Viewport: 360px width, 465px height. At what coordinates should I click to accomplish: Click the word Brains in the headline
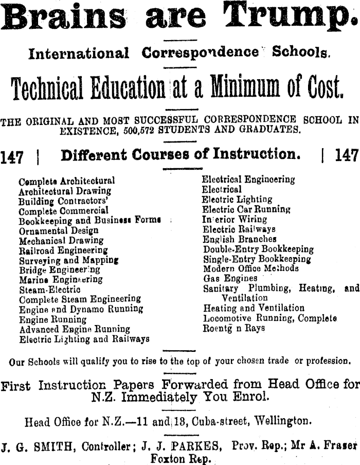pos(64,16)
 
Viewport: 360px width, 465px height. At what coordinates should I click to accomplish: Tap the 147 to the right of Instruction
pos(347,156)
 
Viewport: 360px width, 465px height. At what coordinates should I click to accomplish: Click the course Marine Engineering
pos(61,279)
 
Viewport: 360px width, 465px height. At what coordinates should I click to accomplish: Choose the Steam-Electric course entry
pos(49,289)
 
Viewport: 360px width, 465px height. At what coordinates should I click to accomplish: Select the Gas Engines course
pos(230,278)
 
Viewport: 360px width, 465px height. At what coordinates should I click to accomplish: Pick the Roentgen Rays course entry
pos(234,328)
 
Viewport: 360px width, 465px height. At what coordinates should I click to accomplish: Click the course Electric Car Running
pos(246,209)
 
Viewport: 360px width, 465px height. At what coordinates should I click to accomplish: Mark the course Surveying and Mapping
pos(69,260)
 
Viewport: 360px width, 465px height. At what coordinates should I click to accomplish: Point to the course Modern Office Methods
pos(250,269)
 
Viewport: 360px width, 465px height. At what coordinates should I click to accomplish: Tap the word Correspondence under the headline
pos(200,52)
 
